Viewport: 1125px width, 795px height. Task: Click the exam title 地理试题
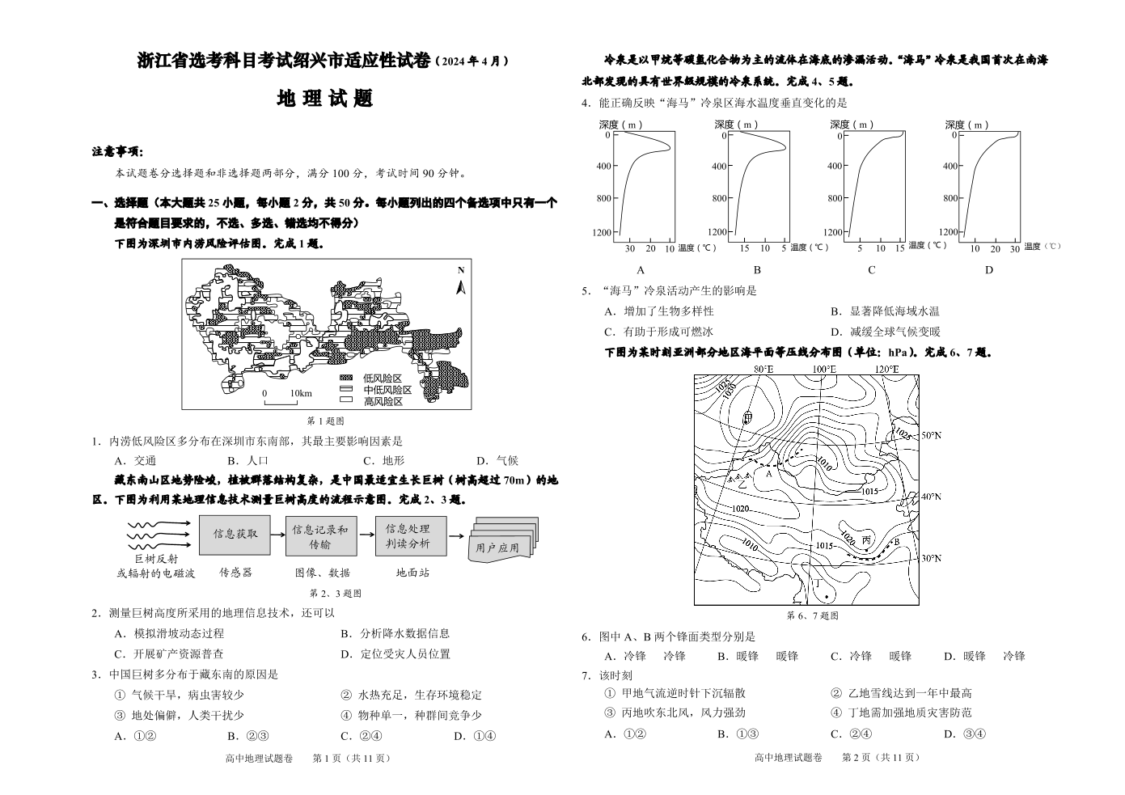325,99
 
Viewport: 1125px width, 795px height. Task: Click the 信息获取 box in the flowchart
235,535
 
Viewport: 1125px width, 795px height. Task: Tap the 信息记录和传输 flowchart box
321,536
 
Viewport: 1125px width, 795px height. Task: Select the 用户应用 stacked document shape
503,539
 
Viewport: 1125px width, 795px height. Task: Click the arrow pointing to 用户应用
456,536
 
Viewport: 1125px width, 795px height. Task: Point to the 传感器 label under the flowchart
235,573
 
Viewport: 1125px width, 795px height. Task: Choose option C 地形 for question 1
383,460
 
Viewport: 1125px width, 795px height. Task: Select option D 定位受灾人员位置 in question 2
395,654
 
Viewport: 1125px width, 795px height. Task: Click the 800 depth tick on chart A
605,198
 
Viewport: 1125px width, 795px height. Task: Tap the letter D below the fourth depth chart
989,270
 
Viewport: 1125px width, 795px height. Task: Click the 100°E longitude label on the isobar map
824,369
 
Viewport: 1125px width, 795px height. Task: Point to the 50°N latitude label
931,435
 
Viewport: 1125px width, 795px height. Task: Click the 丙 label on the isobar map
866,540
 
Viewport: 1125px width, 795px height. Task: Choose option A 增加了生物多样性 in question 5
658,311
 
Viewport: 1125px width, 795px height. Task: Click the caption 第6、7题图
812,615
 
